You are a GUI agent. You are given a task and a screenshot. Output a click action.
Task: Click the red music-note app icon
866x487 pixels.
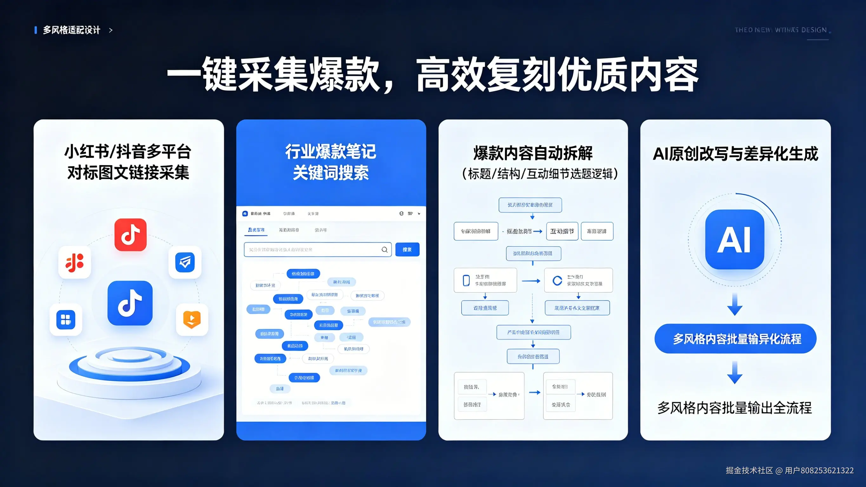click(x=130, y=235)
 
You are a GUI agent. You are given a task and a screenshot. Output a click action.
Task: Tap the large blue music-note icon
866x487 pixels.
click(x=130, y=303)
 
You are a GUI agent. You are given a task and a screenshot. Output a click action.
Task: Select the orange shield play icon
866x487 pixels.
click(x=192, y=319)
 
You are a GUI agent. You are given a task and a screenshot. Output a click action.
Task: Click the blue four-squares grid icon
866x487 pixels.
click(x=66, y=319)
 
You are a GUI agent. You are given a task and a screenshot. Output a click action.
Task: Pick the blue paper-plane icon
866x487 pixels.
click(x=185, y=262)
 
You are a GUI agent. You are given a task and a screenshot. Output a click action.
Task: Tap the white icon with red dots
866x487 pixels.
click(x=75, y=262)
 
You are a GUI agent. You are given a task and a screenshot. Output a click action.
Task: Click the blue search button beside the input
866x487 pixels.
click(x=407, y=250)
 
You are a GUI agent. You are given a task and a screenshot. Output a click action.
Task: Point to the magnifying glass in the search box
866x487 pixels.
click(x=384, y=250)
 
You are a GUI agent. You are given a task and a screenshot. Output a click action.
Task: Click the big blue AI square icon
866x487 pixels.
click(x=735, y=239)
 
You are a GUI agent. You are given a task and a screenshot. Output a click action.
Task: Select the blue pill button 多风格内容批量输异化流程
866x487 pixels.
click(x=735, y=339)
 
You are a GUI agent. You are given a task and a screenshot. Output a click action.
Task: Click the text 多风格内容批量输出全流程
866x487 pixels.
click(x=735, y=408)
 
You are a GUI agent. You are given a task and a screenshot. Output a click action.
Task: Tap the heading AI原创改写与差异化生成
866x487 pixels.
click(x=735, y=154)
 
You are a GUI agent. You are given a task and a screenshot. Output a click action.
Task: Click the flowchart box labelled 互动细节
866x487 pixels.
click(x=562, y=231)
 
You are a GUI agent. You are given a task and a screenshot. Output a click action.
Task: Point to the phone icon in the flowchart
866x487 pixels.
click(x=466, y=280)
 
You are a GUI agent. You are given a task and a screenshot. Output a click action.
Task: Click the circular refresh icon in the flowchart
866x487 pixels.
click(x=557, y=280)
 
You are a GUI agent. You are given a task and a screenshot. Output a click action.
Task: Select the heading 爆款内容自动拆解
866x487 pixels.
click(x=533, y=153)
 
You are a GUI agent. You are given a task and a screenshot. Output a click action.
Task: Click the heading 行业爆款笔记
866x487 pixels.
click(x=331, y=151)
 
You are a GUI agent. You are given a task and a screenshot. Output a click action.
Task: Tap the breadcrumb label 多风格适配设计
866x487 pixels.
click(x=71, y=30)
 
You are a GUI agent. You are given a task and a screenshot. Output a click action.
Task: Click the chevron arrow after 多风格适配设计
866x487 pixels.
click(x=111, y=30)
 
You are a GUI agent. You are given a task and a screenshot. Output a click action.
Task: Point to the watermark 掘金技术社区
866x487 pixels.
click(x=749, y=470)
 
